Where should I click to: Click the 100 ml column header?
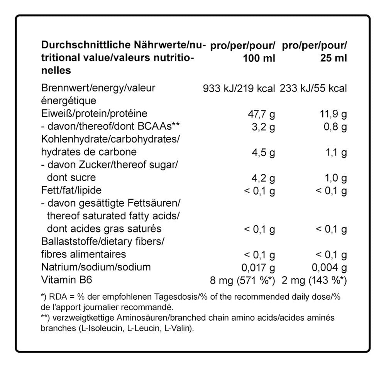(242, 52)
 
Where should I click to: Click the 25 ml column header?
(314, 52)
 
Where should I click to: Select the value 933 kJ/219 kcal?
(239, 88)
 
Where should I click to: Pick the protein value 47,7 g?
(261, 114)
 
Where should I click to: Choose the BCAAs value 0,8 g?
(335, 127)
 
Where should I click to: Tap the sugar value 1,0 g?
(335, 178)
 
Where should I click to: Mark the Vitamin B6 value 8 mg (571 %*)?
(242, 280)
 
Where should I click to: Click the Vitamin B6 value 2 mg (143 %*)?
(314, 280)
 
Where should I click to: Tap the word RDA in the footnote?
(54, 297)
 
